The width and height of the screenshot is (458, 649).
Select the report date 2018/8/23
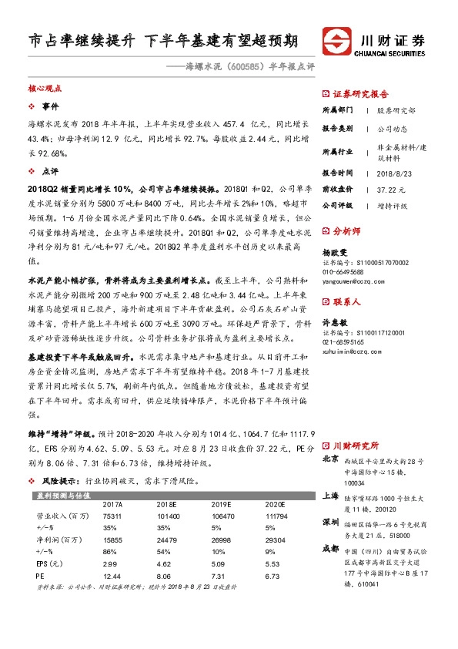tap(394, 173)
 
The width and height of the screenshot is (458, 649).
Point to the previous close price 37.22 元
tap(391, 189)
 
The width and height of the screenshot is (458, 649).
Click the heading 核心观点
tap(45, 89)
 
